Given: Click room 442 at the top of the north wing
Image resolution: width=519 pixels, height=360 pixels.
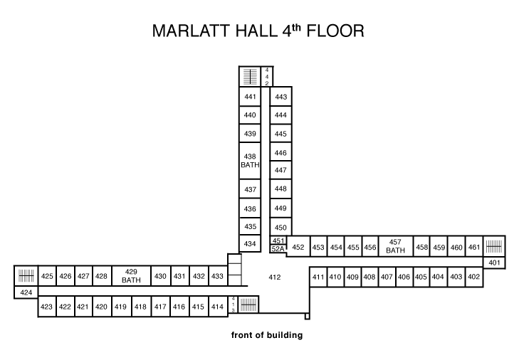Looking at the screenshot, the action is coord(267,77).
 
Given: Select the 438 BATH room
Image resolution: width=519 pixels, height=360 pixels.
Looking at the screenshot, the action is coord(250,161).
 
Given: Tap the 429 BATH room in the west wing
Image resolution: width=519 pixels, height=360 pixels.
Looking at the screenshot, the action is coord(132,275).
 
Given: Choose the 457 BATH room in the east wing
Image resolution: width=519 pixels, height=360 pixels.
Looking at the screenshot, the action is coord(396,246).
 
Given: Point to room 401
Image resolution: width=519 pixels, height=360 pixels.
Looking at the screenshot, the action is coord(494,263).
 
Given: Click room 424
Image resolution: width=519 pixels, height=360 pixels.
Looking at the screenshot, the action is coord(26,292).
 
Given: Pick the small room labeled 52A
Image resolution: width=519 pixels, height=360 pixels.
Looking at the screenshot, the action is coord(278,249).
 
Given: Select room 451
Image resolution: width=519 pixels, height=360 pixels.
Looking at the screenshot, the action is coord(278,240).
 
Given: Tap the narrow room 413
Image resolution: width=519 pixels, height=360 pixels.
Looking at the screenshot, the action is coord(233,305).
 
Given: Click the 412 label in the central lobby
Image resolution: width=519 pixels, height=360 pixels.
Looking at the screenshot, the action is coord(275,277).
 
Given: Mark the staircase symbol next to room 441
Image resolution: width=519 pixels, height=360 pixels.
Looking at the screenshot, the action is coord(250,77).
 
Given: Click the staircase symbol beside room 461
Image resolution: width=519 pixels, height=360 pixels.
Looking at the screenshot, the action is coord(494,246).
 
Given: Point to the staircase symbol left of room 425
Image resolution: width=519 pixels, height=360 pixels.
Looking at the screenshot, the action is coord(26,275).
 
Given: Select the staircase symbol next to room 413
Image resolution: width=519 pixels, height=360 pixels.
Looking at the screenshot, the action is coord(248,305).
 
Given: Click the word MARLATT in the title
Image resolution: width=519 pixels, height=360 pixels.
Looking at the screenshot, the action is coord(192,31).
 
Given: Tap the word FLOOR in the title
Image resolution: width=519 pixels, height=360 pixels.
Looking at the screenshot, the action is coord(335,31).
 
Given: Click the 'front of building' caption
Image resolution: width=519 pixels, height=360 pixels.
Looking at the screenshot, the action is coord(267,335).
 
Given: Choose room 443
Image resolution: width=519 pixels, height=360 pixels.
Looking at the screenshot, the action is coord(281,97).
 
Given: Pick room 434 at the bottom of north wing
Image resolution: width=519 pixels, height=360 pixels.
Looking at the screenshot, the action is coord(250,244).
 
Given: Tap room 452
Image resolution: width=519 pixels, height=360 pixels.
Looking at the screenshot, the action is coord(298,247).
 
